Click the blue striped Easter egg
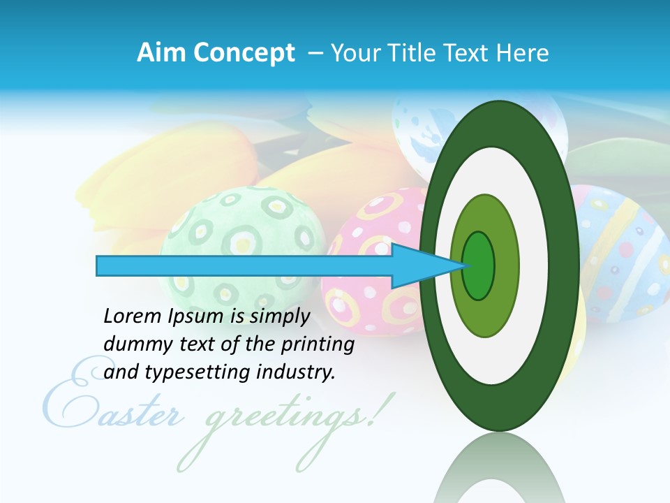[621, 251]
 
